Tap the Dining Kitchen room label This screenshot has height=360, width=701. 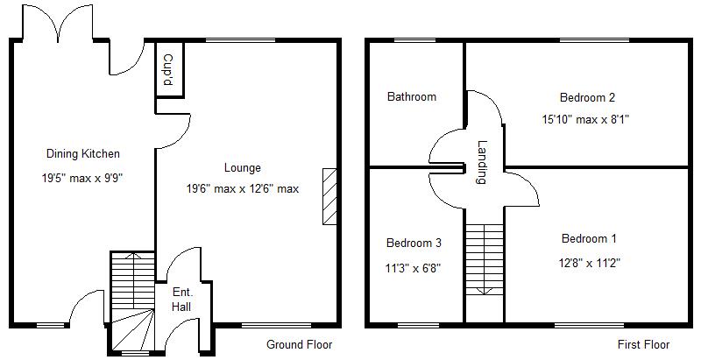(83, 154)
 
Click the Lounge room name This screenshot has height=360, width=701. (243, 168)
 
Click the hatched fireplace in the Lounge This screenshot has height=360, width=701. (329, 197)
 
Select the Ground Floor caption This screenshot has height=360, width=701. (300, 344)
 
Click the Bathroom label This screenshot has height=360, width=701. (412, 97)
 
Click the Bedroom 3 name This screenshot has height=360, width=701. (414, 243)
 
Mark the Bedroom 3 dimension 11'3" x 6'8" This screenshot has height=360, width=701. (414, 268)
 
